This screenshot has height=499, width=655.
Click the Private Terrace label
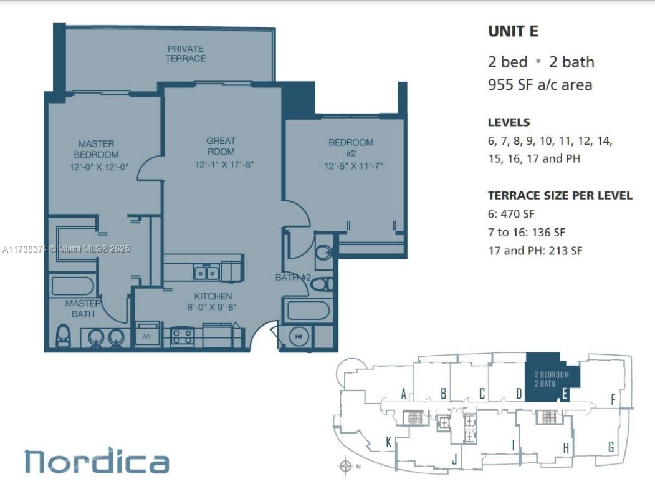pos(186,54)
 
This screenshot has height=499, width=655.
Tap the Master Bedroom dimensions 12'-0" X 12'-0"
pos(99,167)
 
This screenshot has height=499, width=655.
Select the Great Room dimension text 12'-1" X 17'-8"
pos(224,164)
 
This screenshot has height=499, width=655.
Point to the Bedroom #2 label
pos(351,148)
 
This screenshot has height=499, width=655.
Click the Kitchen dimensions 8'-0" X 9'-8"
pos(213,307)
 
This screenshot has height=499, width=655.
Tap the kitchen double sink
pos(206,273)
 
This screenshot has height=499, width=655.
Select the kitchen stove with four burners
pos(182,337)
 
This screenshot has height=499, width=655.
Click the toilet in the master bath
pos(63,335)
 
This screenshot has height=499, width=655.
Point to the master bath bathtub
pos(73,286)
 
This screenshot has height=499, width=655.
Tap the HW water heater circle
pos(299,336)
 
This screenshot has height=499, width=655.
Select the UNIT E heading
pos(513,31)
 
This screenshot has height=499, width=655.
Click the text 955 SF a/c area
pos(540,85)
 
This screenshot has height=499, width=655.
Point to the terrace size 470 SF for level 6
pos(517,214)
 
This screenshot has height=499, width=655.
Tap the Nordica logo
pos(97,460)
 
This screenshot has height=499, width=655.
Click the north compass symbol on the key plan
pos(345,466)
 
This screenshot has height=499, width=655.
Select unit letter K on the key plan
pos(388,442)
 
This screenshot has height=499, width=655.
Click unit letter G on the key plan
pos(611,447)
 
